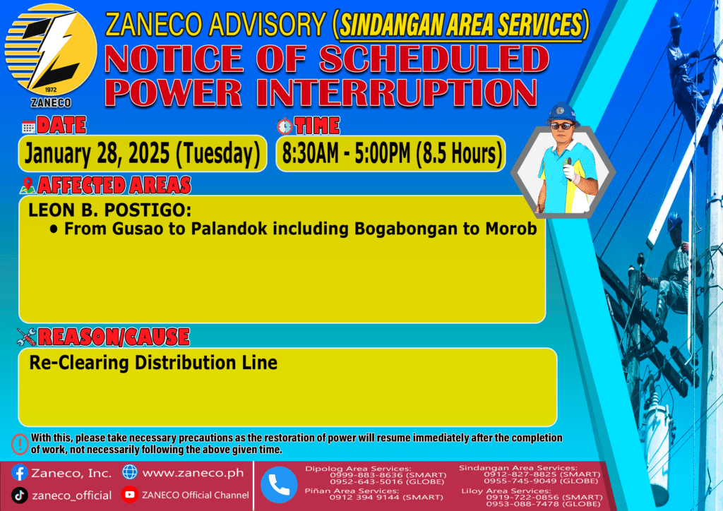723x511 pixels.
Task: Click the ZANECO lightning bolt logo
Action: (x=50, y=50)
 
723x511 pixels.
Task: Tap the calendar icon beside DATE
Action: (x=28, y=126)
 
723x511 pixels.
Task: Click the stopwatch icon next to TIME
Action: (x=285, y=126)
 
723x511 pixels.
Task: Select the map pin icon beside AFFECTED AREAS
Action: (x=28, y=185)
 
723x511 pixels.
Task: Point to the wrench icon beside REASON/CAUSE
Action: (x=26, y=337)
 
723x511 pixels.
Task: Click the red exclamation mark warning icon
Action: (x=20, y=444)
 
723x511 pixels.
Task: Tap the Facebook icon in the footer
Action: (x=19, y=473)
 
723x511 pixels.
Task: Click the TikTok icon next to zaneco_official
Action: (x=19, y=495)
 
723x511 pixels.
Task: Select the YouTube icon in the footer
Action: (x=130, y=495)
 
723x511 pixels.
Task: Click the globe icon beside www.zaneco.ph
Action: (x=130, y=472)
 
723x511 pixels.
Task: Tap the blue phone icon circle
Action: (x=279, y=485)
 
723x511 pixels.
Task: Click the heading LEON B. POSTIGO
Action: (x=109, y=210)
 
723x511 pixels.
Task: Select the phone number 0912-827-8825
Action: (x=513, y=474)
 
